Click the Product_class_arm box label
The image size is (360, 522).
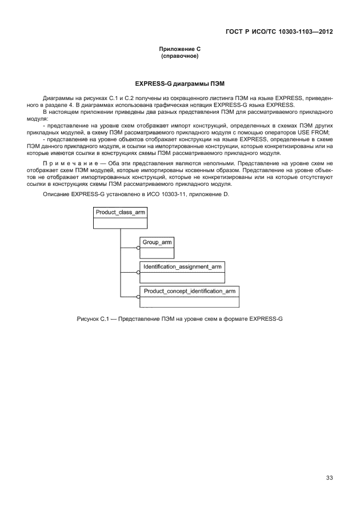point(120,212)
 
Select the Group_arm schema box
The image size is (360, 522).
point(157,247)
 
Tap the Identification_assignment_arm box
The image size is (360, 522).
point(182,272)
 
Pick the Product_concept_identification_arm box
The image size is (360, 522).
point(189,296)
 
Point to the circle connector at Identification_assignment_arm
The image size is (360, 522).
point(138,273)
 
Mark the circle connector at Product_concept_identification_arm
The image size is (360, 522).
point(138,297)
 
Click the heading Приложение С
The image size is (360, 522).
point(180,50)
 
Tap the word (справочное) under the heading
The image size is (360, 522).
point(180,56)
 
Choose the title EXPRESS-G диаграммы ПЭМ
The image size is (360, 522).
point(180,83)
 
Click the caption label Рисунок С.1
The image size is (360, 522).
point(93,318)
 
